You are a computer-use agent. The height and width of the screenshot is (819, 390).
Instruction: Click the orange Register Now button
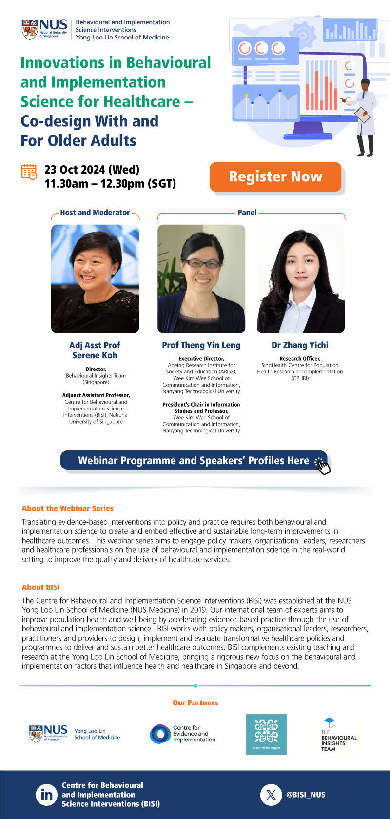(275, 176)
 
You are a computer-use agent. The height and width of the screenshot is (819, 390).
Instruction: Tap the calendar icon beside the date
(29, 172)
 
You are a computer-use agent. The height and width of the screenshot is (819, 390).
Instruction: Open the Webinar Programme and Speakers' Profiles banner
(194, 460)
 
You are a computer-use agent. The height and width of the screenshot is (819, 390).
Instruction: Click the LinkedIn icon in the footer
(46, 795)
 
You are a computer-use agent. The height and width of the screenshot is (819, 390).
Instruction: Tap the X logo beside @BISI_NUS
(271, 795)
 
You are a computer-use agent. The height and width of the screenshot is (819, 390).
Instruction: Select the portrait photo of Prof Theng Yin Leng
(201, 279)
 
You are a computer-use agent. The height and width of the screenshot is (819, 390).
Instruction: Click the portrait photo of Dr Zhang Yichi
(300, 279)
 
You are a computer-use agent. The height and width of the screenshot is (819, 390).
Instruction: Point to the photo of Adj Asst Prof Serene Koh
(95, 279)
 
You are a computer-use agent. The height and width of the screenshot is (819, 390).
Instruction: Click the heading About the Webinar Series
(68, 508)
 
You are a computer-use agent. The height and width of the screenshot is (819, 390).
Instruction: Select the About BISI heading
(40, 587)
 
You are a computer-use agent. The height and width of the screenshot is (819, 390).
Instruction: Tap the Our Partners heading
(195, 703)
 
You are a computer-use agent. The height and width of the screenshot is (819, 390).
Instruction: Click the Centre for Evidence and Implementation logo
(183, 734)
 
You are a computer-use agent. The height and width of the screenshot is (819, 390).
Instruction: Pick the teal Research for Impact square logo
(266, 734)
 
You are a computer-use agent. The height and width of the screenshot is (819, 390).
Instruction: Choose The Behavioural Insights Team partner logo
(339, 735)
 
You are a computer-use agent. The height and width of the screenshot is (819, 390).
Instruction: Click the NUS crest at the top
(30, 30)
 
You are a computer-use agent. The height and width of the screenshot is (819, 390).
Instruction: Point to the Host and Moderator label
(95, 213)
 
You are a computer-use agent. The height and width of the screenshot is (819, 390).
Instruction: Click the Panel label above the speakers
(247, 213)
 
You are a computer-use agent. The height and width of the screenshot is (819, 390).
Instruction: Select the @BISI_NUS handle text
(306, 795)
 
